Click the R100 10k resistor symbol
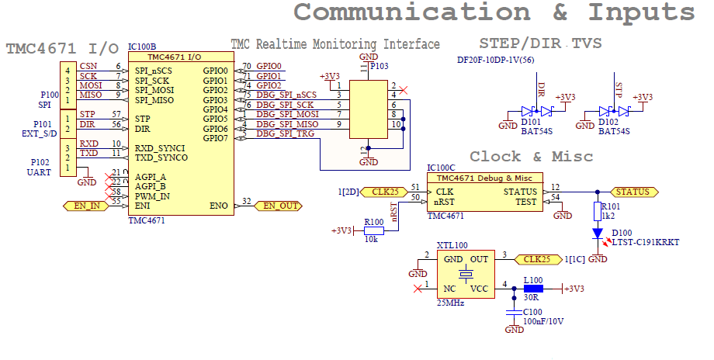point(374,230)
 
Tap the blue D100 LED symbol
point(598,233)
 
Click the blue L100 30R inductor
point(534,289)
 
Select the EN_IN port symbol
point(85,206)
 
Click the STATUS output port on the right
point(631,192)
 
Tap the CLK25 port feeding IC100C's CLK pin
point(383,192)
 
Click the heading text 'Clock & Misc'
point(531,157)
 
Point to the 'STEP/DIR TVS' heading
point(540,43)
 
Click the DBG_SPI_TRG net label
point(285,133)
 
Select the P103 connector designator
point(380,67)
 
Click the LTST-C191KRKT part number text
point(646,243)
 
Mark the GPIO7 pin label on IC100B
point(215,137)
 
